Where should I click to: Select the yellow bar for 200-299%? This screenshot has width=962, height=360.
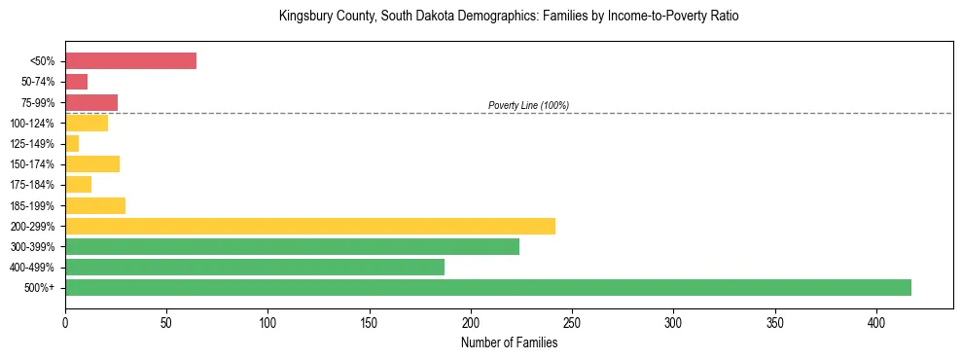click(x=310, y=226)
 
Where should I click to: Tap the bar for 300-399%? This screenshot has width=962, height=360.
click(x=292, y=246)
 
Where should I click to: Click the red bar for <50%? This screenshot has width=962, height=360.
click(x=130, y=61)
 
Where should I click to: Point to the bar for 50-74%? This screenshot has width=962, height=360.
click(x=76, y=82)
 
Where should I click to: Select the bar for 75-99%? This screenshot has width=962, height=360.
click(x=91, y=102)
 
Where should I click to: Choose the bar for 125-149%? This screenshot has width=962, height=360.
click(x=72, y=144)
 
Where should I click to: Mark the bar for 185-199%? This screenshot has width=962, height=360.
click(x=95, y=205)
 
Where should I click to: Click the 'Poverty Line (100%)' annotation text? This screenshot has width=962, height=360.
click(x=528, y=105)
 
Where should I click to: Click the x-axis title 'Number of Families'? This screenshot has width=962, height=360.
click(x=509, y=342)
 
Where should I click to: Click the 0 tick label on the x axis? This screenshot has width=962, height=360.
click(x=65, y=321)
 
